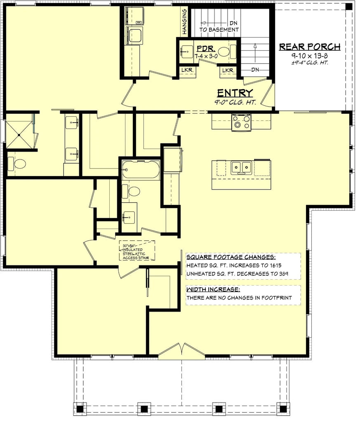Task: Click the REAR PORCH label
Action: pos(310,47)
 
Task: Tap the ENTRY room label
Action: pos(235,93)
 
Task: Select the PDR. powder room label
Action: pos(205,48)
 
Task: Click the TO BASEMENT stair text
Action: pos(219,30)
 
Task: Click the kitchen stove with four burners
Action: pos(241,122)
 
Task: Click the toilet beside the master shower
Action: pos(18,164)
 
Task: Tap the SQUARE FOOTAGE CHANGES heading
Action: pos(231,256)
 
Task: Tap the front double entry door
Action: pos(182,350)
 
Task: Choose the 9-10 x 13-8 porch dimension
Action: pos(310,56)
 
